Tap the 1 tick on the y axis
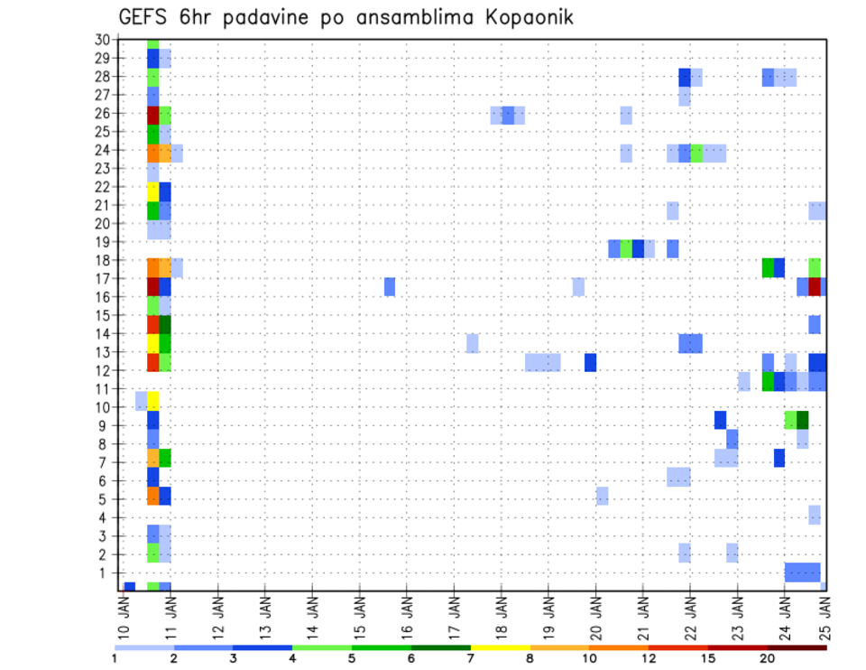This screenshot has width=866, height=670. coord(105,572)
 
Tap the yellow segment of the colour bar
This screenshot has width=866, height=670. coord(500,647)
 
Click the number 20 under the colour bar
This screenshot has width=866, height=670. coord(767,659)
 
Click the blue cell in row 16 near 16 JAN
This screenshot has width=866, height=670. coord(390,286)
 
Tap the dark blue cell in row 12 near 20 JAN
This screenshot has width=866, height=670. coord(590,362)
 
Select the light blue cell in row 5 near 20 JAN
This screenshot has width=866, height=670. coord(602,496)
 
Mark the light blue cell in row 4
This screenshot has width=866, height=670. coord(815,515)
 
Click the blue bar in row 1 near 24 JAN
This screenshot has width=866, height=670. coord(802,572)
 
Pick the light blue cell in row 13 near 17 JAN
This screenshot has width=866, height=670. coord(472,343)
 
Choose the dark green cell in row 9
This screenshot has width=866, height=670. coord(803,420)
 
